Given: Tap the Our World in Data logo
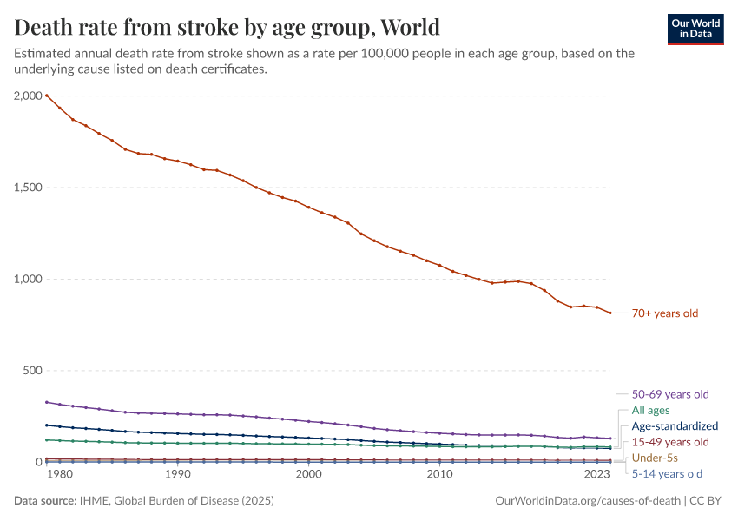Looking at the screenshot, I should pos(695,29).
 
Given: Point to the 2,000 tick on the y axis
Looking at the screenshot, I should pos(30,96).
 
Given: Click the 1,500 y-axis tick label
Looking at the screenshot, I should pos(30,188).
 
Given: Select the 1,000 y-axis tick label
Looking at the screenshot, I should pos(30,279).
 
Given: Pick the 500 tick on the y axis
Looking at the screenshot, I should pos(33,371).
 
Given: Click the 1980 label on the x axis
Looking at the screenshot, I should pos(58,475).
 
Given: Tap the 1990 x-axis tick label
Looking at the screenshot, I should pos(177,475).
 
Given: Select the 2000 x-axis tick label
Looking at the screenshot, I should pos(308,475).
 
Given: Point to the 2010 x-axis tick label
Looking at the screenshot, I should pos(440,475).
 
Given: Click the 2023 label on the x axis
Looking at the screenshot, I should pos(597,475).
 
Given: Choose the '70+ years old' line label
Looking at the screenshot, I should pos(664,313).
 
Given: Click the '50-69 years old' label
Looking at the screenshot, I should pos(669,394).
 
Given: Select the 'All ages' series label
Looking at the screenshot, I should pos(650,410).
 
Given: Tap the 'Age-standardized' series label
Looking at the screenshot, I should pos(675,426).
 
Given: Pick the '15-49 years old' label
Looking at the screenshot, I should pos(669,442).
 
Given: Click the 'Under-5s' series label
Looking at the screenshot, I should pos(655,458).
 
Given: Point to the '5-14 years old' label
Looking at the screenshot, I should pos(667,474).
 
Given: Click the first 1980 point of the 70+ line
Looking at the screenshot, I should pos(46,96).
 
